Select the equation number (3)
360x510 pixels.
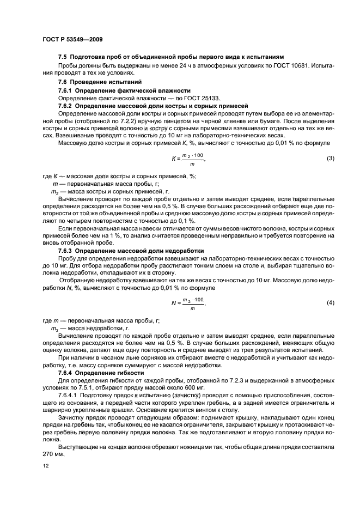330,159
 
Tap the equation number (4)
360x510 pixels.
330,302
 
